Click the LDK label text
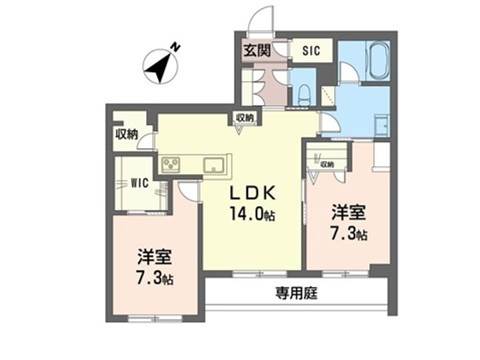(x=252, y=193)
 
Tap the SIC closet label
(x=311, y=50)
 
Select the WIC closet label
(x=139, y=183)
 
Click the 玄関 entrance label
(x=257, y=51)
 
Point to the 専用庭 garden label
(x=296, y=293)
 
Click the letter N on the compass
(x=175, y=47)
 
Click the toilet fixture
(x=304, y=95)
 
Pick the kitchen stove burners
(x=171, y=164)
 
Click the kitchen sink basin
(x=214, y=165)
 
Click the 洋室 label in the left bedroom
(x=155, y=257)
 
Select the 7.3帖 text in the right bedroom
(x=349, y=234)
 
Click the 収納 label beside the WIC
(x=127, y=134)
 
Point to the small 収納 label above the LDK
(x=245, y=117)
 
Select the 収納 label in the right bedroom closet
(x=327, y=165)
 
